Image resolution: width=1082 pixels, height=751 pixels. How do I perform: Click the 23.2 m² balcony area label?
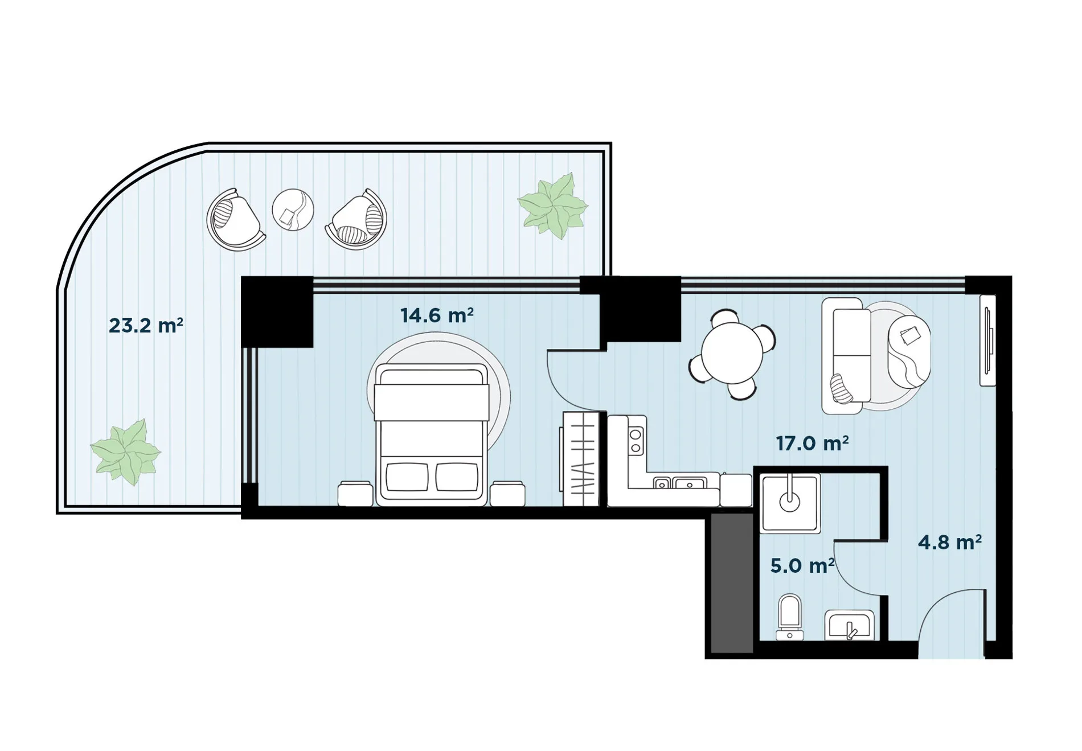[146, 326]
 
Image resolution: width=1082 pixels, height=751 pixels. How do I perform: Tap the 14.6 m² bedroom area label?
[437, 315]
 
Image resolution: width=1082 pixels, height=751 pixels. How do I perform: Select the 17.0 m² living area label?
[812, 443]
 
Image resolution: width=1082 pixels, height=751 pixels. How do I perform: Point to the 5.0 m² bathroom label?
[802, 566]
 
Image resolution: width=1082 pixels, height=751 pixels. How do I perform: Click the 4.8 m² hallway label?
[949, 542]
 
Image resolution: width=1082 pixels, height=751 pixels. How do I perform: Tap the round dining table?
[732, 353]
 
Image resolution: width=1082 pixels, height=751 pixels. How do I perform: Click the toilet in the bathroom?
[789, 617]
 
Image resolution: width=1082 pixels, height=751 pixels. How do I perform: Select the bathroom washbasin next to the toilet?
[849, 625]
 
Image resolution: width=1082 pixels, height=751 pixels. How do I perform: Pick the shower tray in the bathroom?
[790, 503]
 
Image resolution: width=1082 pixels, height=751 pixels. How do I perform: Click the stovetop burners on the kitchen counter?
[636, 441]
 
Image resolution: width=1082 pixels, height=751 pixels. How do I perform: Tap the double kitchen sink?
[680, 484]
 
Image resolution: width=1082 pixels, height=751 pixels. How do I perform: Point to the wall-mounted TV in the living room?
[987, 340]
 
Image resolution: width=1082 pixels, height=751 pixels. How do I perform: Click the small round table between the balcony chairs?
[293, 210]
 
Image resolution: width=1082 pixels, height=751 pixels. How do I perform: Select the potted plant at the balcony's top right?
[552, 206]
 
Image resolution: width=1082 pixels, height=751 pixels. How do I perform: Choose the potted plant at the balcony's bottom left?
[125, 453]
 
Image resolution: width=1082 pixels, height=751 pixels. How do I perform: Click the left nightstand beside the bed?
[355, 494]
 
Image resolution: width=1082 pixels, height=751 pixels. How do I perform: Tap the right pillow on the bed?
[457, 477]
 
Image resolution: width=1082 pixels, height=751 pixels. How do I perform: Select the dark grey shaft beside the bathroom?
[733, 583]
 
